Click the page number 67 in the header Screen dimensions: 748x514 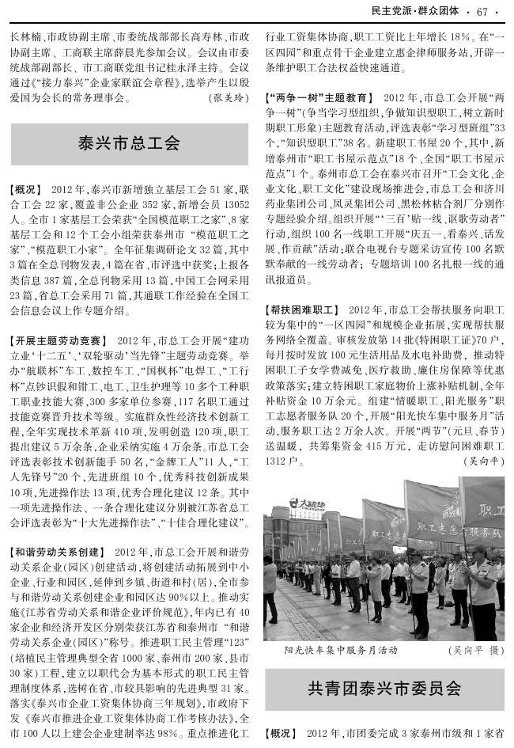click(484, 9)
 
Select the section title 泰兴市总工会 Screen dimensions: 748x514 click(129, 143)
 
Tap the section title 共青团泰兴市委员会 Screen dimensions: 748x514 click(384, 689)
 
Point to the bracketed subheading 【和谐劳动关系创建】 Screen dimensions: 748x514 click(55, 551)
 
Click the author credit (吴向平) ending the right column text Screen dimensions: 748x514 click(484, 460)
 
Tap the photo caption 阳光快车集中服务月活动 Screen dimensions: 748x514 click(340, 650)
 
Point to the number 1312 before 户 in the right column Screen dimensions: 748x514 click(278, 460)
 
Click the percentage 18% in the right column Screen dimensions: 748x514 click(461, 36)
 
